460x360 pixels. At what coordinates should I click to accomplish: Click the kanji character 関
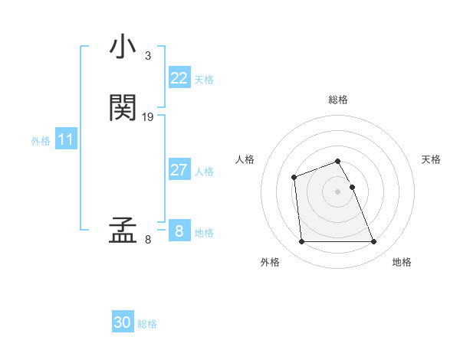coord(123,108)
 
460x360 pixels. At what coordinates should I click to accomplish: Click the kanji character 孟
coord(123,231)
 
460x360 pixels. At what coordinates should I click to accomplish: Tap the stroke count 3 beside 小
coord(148,56)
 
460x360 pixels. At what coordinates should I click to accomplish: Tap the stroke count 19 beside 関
coord(148,117)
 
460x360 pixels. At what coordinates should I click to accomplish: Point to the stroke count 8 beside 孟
coord(148,240)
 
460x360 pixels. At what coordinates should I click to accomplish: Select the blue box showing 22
coord(179,78)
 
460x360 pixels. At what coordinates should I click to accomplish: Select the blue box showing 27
coord(179,170)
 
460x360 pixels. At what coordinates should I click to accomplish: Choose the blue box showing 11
coord(66,139)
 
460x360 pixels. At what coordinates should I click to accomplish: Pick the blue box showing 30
coord(123,322)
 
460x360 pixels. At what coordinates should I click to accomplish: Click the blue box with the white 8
coord(179,231)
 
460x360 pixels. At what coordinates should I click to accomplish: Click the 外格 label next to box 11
coord(41,141)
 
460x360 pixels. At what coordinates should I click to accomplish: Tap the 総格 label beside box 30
coord(147,324)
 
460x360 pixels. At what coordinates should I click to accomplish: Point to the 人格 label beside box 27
coord(205,172)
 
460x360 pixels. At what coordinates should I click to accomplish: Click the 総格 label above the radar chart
coord(338,100)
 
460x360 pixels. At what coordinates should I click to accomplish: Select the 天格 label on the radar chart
coord(431,159)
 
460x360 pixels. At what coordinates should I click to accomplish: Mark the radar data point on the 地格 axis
coord(373,242)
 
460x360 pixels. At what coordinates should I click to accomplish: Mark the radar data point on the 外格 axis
coord(301,242)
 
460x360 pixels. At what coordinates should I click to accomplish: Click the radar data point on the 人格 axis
coord(294,178)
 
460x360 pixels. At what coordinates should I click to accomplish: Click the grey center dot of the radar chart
coord(337,191)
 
